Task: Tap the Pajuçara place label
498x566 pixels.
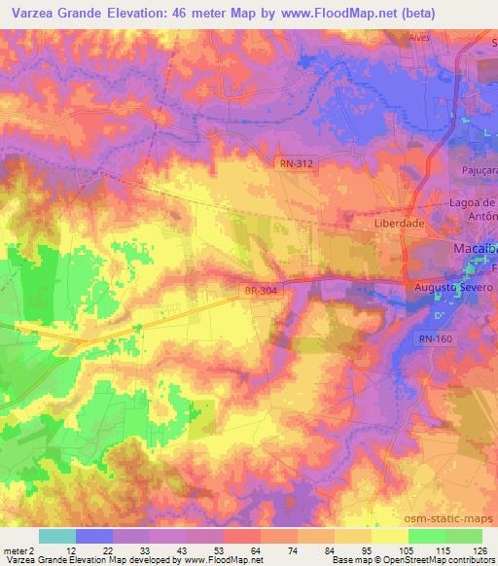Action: point(478,168)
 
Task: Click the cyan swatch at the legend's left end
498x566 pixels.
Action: point(56,535)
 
